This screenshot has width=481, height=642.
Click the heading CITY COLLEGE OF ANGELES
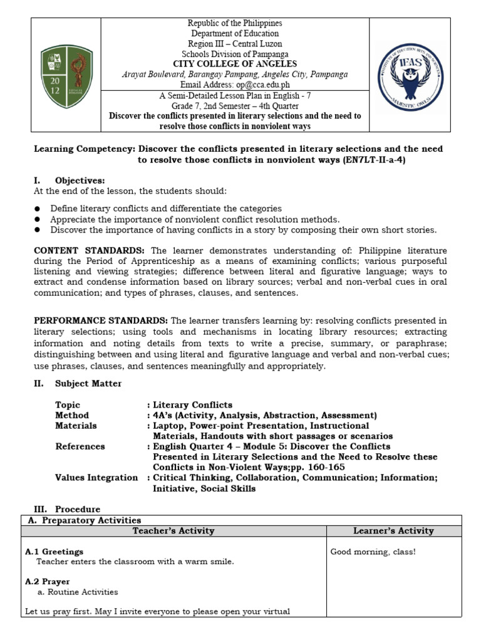pos(235,64)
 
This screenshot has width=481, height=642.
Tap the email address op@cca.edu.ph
pos(258,85)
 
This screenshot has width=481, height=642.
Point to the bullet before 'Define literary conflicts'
pos(38,209)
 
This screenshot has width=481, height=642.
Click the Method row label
pos(72,415)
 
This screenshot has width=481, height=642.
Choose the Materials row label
pos(76,426)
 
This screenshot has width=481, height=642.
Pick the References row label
pos(80,446)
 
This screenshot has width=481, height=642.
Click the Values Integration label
pos(96,478)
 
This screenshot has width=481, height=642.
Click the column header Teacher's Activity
pos(173,531)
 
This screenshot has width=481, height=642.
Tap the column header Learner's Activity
pos(393,531)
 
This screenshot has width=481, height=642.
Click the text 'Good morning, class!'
pos(373,552)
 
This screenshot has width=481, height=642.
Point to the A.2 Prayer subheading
pos(47,582)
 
